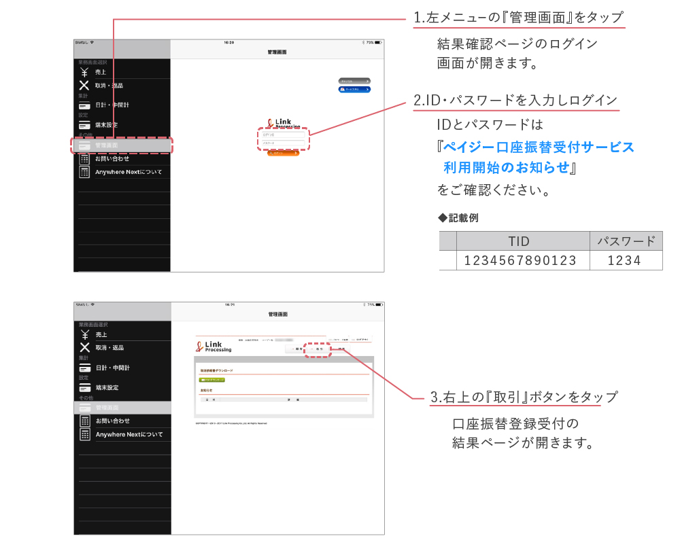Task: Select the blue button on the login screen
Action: (354, 89)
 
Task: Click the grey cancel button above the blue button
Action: (354, 81)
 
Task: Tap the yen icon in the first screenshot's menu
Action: (84, 71)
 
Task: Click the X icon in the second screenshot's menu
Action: (84, 348)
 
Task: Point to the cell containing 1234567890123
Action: (520, 260)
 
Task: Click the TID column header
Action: (519, 241)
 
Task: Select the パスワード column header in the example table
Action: (626, 241)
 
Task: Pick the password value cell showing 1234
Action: (624, 260)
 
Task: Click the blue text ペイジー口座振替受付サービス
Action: (538, 147)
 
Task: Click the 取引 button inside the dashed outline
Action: (317, 349)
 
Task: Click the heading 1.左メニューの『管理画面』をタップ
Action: (518, 18)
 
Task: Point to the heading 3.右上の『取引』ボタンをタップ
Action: (524, 397)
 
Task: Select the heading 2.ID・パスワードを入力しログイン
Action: (515, 101)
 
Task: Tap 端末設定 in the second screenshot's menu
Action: (107, 388)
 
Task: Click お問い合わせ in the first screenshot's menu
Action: (112, 158)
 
